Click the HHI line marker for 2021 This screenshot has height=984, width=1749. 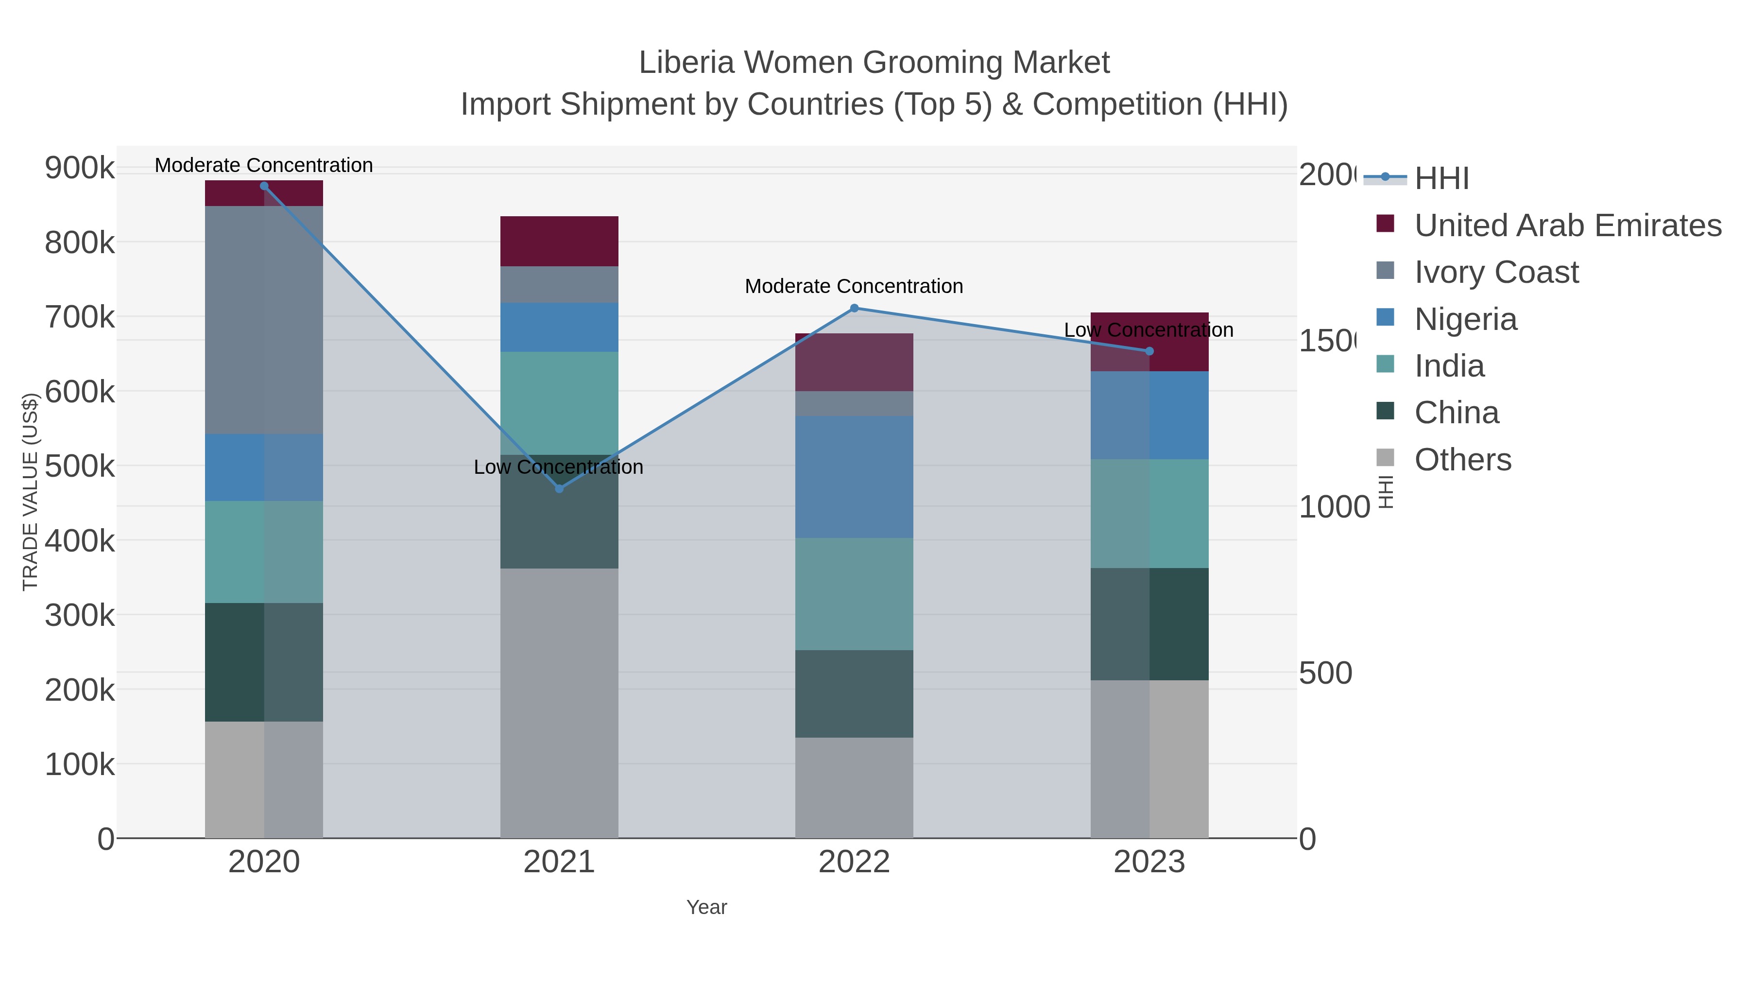[559, 488]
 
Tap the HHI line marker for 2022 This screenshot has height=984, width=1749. [854, 308]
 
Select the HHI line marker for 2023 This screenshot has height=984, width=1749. [1149, 351]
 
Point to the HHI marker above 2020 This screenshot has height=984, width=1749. [264, 186]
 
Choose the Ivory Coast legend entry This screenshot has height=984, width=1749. [1496, 272]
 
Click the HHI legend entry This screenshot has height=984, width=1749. [1441, 179]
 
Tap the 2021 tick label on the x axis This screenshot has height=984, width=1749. [559, 863]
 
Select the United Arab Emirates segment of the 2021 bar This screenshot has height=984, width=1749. [559, 241]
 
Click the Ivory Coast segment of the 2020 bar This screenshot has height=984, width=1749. [264, 319]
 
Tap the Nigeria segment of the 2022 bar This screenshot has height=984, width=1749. [854, 477]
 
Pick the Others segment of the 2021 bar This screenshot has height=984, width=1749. [559, 703]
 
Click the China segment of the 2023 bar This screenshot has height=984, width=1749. [1149, 623]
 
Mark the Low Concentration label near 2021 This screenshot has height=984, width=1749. [558, 467]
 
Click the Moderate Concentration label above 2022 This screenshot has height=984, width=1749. [854, 287]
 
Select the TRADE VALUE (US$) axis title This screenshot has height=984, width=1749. [31, 492]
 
